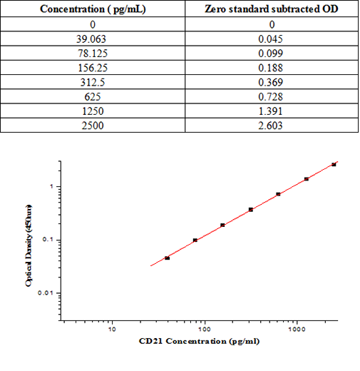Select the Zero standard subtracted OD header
point(270,9)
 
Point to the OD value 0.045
point(270,39)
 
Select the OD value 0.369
point(270,83)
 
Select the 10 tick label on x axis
point(112,330)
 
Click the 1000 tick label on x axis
point(297,330)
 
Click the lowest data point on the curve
point(168,258)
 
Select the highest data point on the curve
point(334,164)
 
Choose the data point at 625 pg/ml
point(278,194)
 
